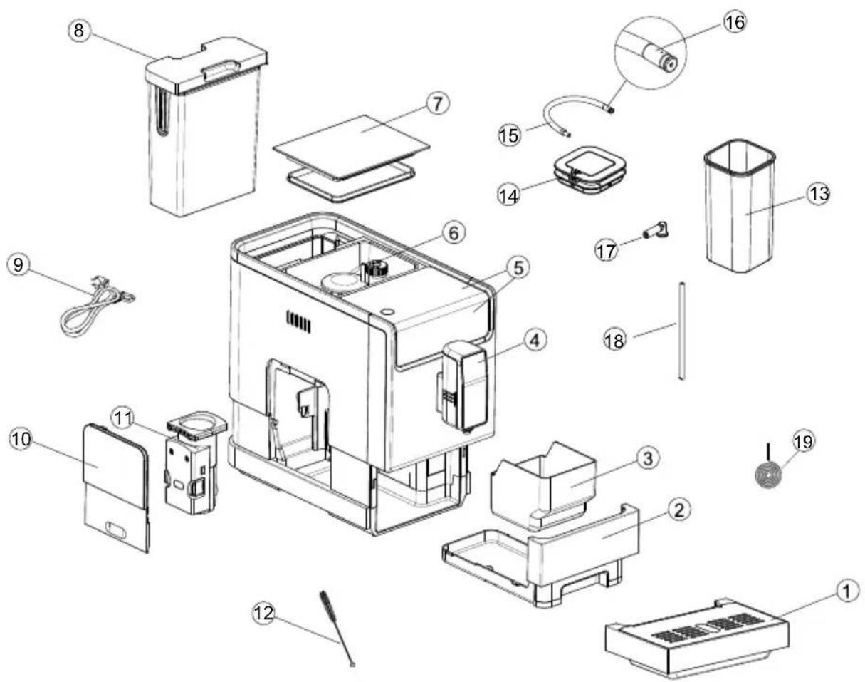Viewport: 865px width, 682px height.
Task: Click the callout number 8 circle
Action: [x=79, y=30]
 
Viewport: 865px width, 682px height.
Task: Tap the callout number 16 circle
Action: [x=735, y=22]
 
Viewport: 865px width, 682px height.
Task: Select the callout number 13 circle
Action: [x=819, y=194]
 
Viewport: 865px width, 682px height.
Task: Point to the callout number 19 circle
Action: [x=802, y=441]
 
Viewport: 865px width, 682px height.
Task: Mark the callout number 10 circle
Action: [x=21, y=439]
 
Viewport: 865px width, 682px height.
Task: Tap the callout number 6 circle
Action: [x=453, y=233]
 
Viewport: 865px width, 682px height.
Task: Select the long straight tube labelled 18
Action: [x=682, y=331]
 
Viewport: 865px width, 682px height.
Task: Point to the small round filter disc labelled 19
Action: [x=768, y=476]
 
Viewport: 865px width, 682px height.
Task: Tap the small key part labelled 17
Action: [x=656, y=231]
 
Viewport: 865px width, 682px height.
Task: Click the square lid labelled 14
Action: [x=589, y=170]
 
